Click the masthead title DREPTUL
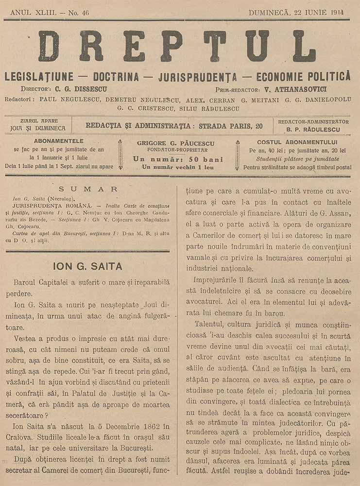click(x=177, y=46)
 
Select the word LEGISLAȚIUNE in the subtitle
click(x=39, y=77)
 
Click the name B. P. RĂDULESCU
click(x=313, y=130)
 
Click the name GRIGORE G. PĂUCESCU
click(x=178, y=143)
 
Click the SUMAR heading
click(x=88, y=189)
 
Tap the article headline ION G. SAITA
click(x=87, y=266)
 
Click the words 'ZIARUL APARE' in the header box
click(x=37, y=121)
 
